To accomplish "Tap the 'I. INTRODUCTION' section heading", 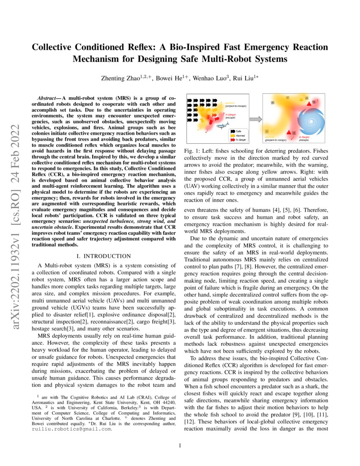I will [x=103, y=256].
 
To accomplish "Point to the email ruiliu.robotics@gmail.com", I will [x=72, y=429].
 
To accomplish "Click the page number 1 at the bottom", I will [x=180, y=445].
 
